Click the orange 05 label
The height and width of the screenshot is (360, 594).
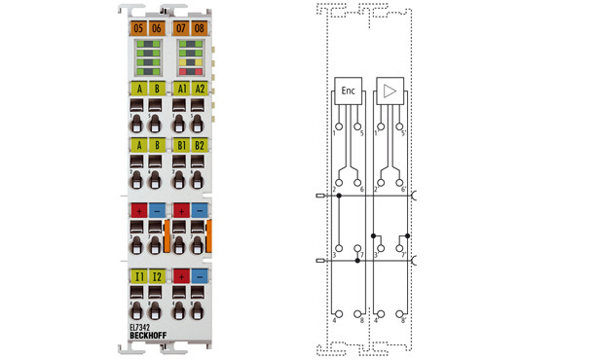(137, 27)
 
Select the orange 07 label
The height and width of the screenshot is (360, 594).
(181, 27)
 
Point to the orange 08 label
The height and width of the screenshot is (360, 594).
(200, 27)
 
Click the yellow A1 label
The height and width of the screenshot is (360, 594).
(181, 88)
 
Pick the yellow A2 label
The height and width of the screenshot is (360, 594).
(200, 88)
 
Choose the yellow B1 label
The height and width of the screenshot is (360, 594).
(181, 146)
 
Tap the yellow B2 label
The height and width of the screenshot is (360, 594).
(200, 146)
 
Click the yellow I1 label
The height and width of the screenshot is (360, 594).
(138, 276)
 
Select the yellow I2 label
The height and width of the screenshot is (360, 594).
(157, 276)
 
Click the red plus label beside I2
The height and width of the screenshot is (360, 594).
(181, 276)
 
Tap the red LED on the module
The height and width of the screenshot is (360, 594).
(190, 70)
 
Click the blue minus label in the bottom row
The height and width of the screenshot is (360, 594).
(200, 276)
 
